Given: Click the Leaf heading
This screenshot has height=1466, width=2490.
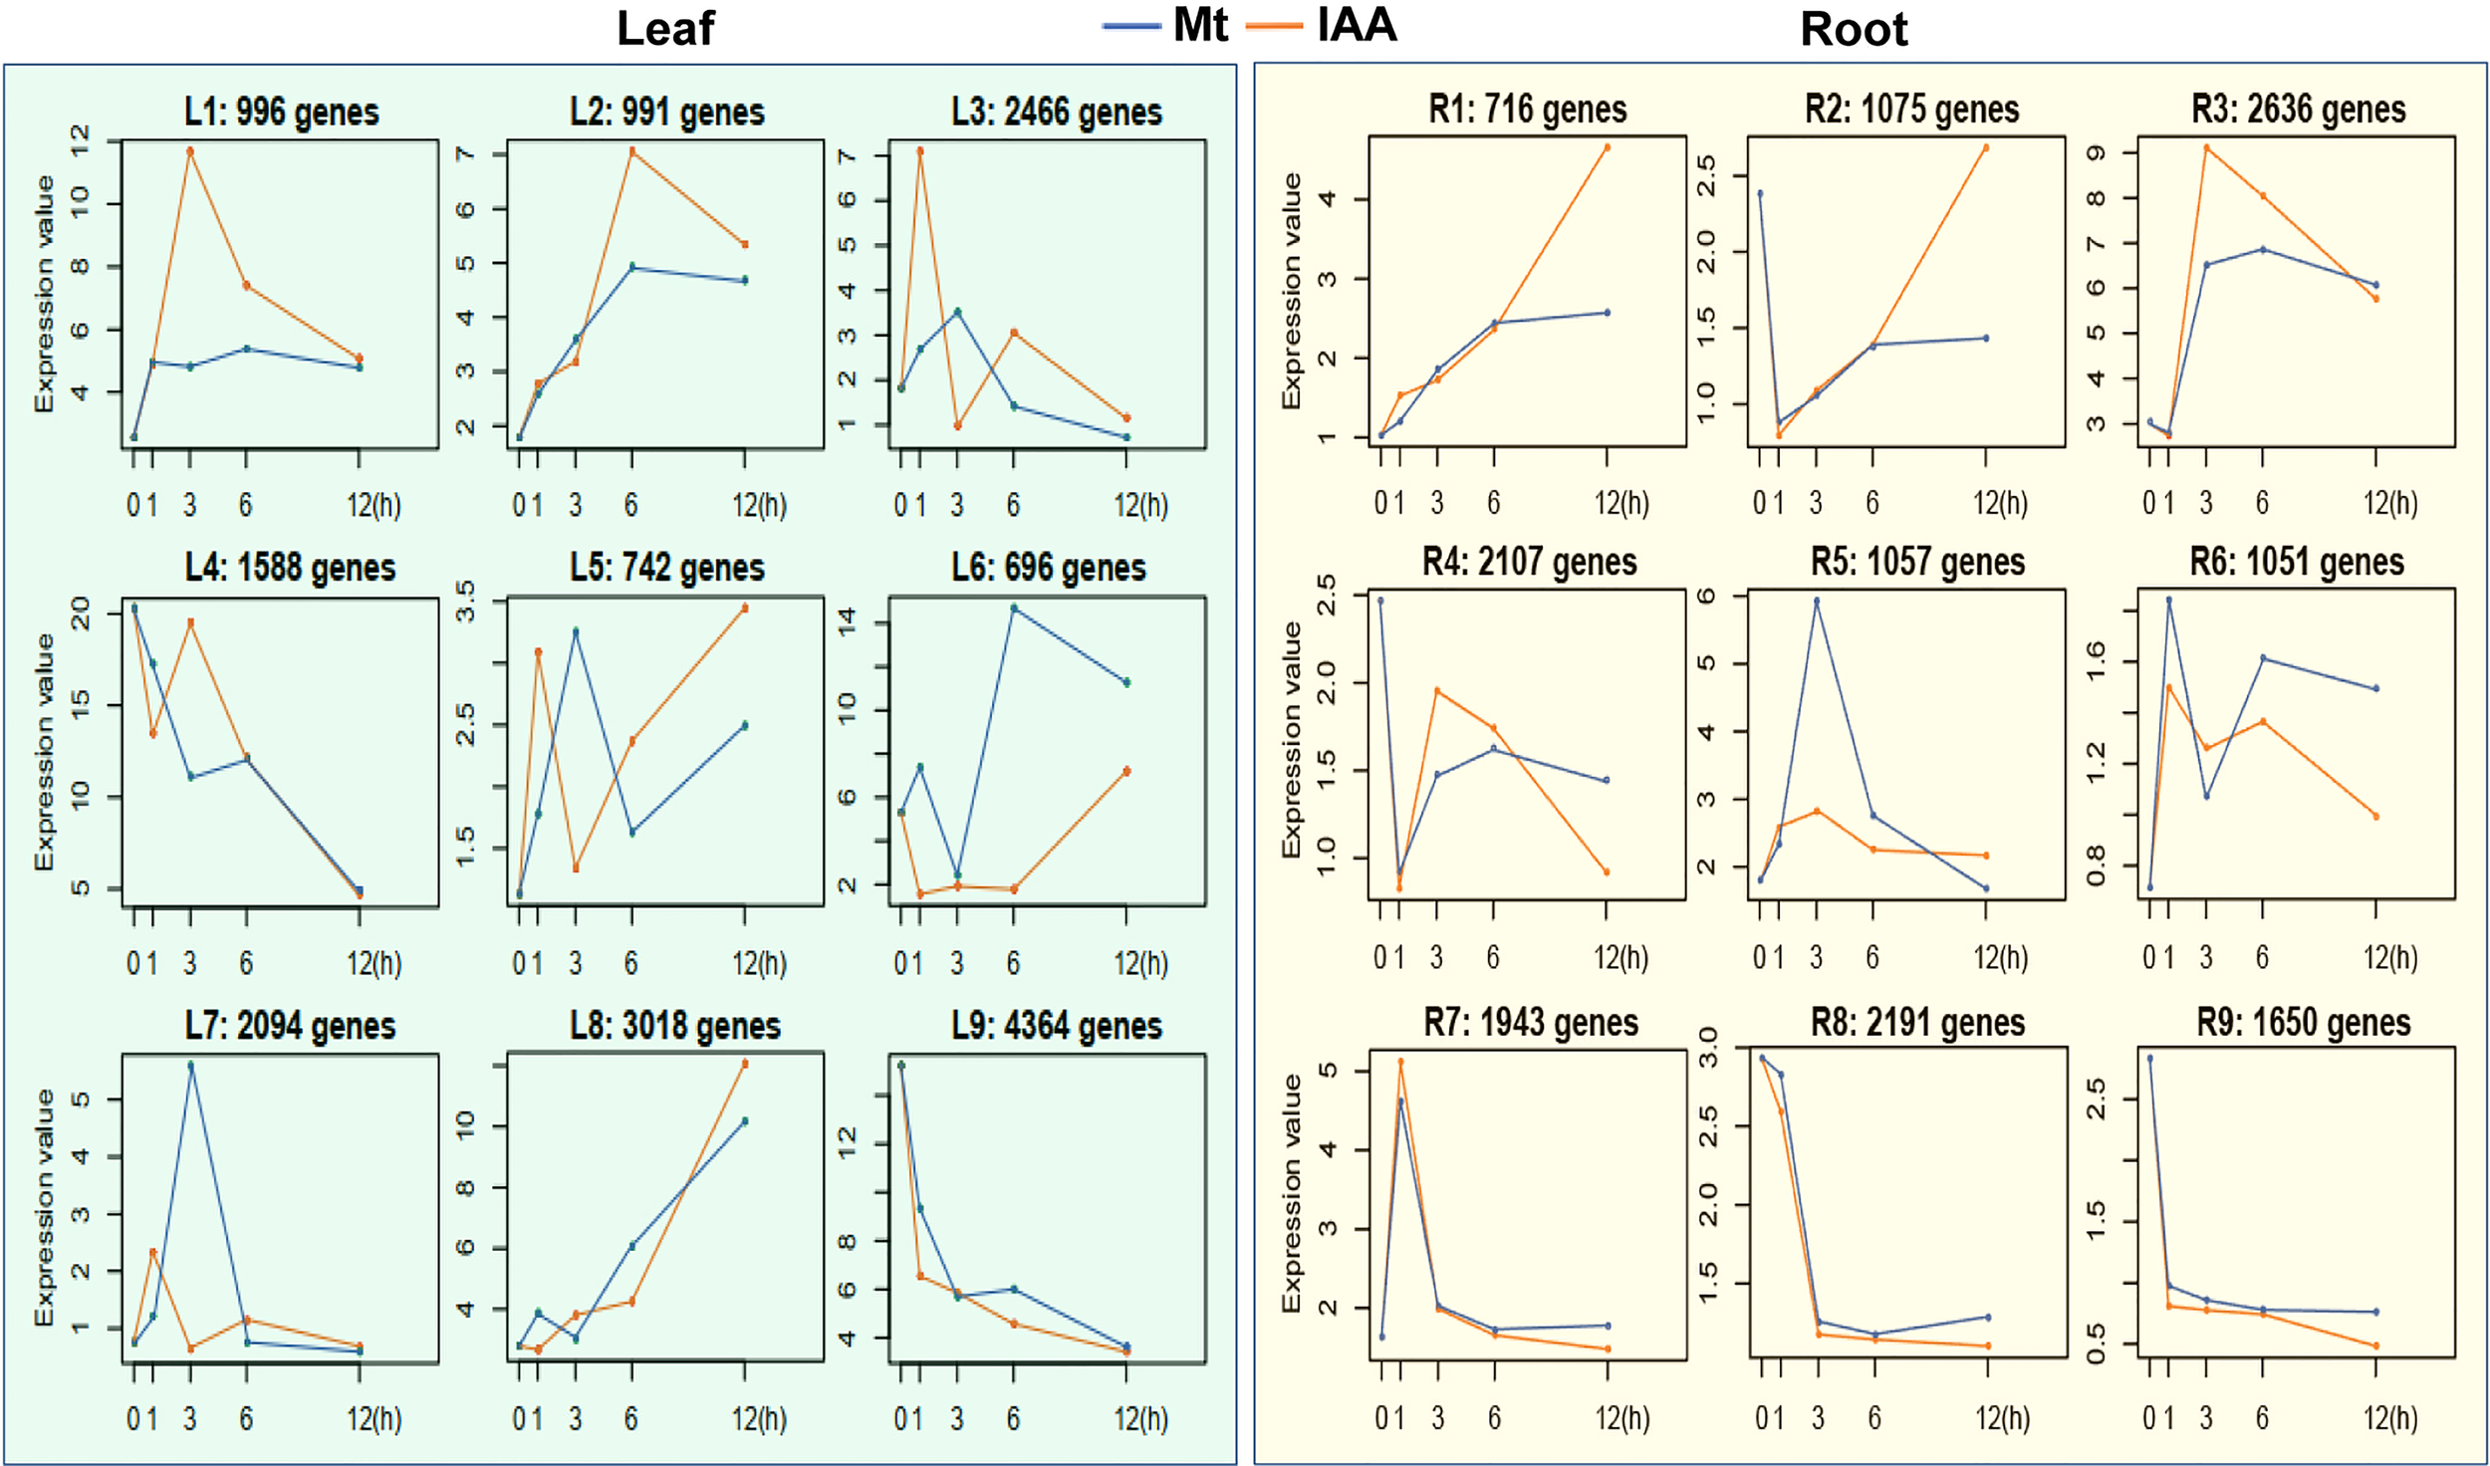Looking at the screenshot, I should pyautogui.click(x=664, y=28).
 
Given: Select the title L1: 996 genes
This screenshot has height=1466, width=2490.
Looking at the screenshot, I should pyautogui.click(x=282, y=112).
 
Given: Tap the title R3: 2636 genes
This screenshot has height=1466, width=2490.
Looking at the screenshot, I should pyautogui.click(x=2298, y=109).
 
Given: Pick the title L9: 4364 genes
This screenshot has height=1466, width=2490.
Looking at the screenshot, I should pyautogui.click(x=1056, y=1025).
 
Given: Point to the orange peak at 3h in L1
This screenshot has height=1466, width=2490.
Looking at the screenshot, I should pyautogui.click(x=190, y=151).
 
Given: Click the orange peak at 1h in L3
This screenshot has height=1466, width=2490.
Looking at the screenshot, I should pyautogui.click(x=920, y=151).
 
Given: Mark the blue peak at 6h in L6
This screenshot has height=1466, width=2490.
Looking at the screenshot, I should pyautogui.click(x=1014, y=608).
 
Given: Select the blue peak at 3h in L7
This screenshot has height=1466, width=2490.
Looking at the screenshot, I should pyautogui.click(x=190, y=1065).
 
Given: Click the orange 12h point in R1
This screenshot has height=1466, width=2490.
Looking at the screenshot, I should pyautogui.click(x=1608, y=147).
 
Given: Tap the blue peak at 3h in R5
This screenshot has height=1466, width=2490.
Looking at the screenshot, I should pyautogui.click(x=1817, y=601).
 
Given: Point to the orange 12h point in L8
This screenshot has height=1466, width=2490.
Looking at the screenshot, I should pyautogui.click(x=745, y=1064).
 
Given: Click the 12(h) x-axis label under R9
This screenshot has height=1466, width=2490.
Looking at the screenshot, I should pyautogui.click(x=2389, y=1417).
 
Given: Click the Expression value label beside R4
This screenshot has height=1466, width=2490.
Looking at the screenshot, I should pyautogui.click(x=1292, y=739).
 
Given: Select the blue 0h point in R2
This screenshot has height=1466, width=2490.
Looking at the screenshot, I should pyautogui.click(x=1760, y=194).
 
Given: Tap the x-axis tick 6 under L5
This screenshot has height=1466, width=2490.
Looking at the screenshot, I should pyautogui.click(x=630, y=963).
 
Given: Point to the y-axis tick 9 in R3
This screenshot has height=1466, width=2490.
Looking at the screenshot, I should pyautogui.click(x=2096, y=153).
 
